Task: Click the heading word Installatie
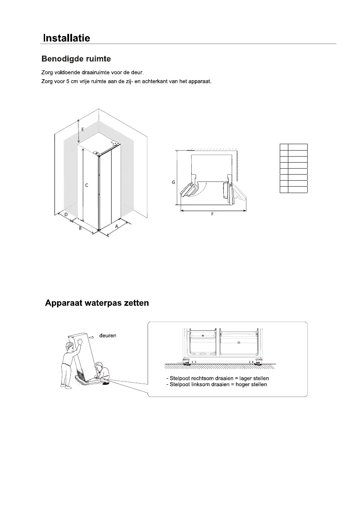tap(67, 38)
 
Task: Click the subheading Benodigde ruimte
tap(77, 58)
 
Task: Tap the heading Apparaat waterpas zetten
tap(97, 303)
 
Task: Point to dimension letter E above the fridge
tap(83, 129)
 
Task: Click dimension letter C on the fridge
tap(87, 185)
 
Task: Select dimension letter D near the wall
tap(66, 214)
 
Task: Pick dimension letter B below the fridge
tap(80, 229)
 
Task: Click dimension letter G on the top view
tap(173, 182)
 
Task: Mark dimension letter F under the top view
tap(212, 214)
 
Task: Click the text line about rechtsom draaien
tap(217, 378)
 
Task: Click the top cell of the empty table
tap(294, 147)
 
